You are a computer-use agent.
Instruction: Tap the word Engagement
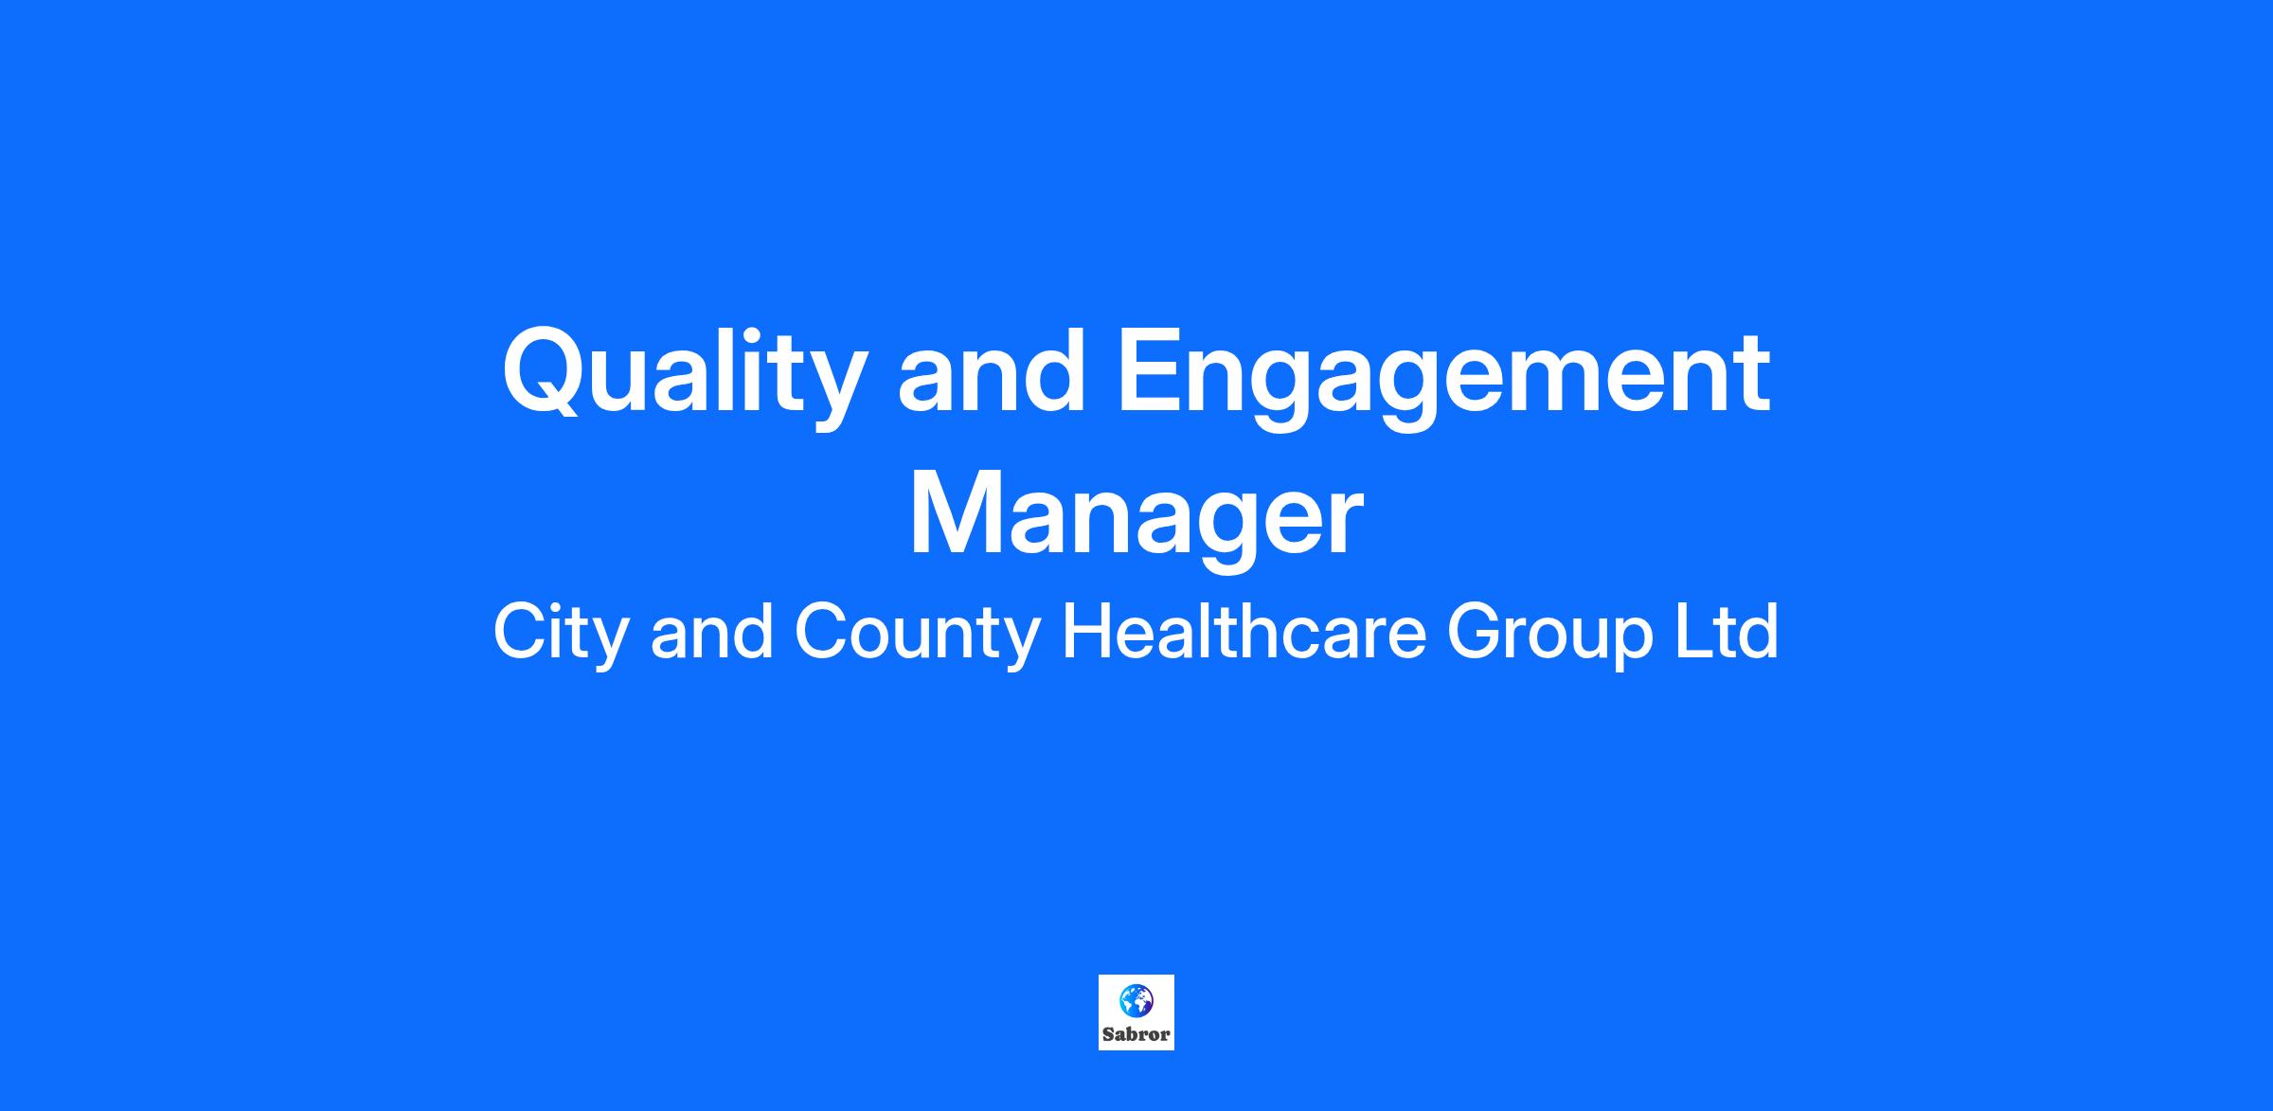[x=1443, y=377]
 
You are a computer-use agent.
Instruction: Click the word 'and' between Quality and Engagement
[x=991, y=370]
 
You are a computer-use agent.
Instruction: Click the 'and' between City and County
[x=710, y=632]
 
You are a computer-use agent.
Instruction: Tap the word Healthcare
[x=1244, y=632]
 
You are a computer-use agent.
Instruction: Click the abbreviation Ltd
[x=1727, y=632]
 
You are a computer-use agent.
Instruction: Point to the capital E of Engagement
[x=1151, y=372]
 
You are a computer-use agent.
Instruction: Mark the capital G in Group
[x=1476, y=632]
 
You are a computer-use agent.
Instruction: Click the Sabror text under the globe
[x=1136, y=1034]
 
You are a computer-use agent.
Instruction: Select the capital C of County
[x=822, y=632]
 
